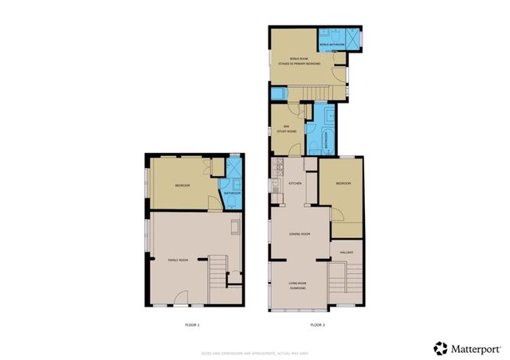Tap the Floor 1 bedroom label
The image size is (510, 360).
click(x=182, y=186)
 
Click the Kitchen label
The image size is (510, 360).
click(x=292, y=184)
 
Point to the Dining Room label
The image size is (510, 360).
click(x=300, y=233)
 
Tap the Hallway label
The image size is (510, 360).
click(x=347, y=252)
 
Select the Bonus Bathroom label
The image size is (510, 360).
click(x=332, y=45)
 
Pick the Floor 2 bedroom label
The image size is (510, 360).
click(x=343, y=184)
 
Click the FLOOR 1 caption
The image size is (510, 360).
click(x=192, y=324)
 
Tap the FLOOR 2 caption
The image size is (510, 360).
click(x=317, y=324)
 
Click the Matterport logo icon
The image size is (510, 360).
click(x=441, y=348)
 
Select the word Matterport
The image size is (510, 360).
click(x=477, y=348)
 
